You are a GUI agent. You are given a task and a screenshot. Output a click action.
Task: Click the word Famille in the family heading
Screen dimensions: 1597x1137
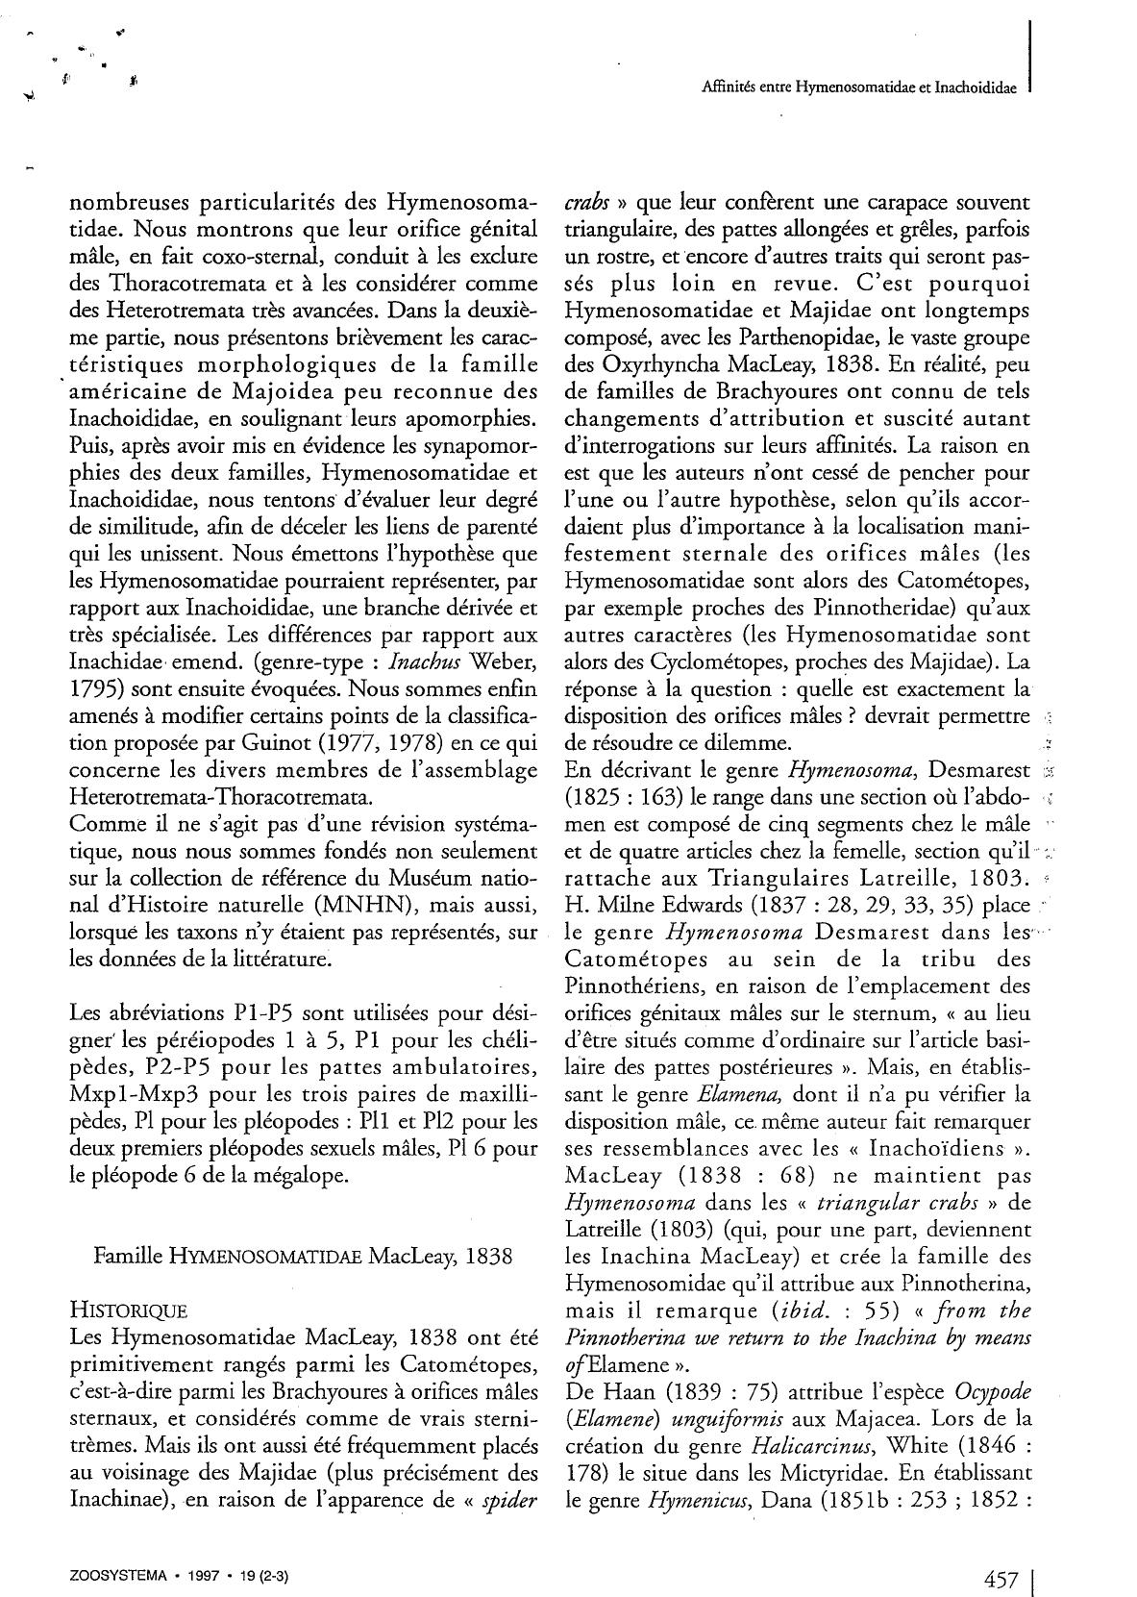[125, 1256]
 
